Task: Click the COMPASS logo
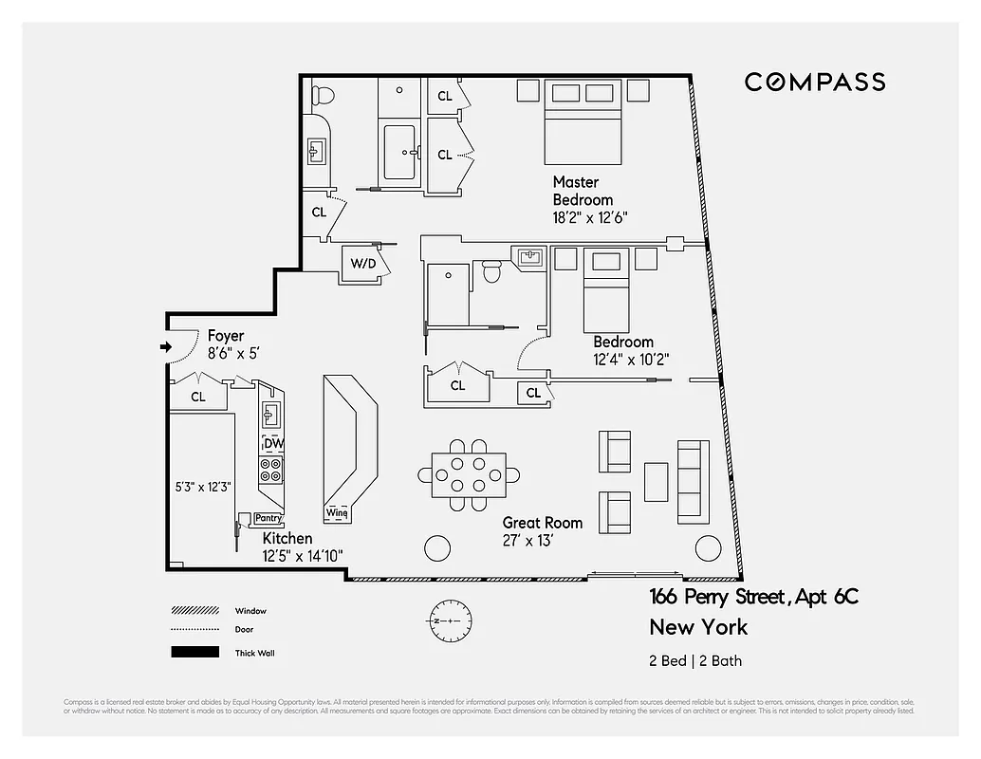pos(814,83)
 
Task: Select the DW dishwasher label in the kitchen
pos(273,443)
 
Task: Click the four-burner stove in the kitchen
pos(271,470)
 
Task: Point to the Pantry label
pos(268,518)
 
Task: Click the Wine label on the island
pos(337,513)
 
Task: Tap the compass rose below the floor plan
pos(444,620)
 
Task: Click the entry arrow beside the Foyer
pos(167,347)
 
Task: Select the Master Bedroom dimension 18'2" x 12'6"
pos(590,217)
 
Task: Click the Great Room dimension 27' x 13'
pos(528,541)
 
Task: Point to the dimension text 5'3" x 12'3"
pos(200,487)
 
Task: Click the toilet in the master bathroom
pos(323,96)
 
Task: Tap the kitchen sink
pos(270,414)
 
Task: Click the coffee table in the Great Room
pos(656,481)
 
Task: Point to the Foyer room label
pos(226,336)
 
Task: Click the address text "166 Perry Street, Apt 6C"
pos(753,597)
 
